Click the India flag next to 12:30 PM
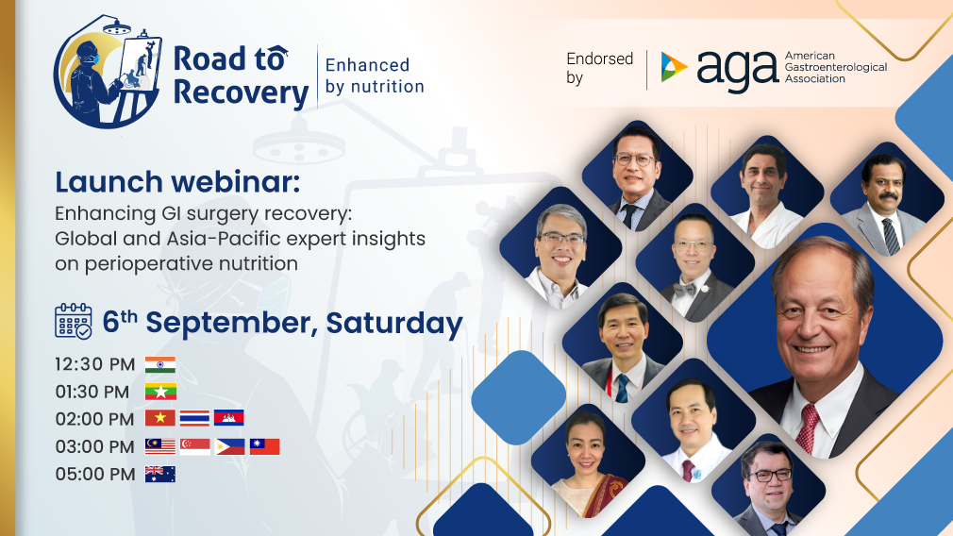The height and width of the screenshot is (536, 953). [160, 365]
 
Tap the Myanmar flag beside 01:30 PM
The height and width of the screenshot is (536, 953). [160, 392]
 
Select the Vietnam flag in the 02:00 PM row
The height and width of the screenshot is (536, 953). [160, 419]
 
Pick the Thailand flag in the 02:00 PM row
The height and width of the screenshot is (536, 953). [194, 419]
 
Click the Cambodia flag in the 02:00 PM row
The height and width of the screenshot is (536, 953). [229, 419]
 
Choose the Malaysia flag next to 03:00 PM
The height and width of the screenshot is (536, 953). [160, 446]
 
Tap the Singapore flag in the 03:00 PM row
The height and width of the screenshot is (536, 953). [194, 446]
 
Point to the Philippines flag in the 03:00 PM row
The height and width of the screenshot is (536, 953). [229, 446]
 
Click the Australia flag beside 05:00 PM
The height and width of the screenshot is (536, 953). [160, 474]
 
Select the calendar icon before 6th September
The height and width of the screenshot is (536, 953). [74, 322]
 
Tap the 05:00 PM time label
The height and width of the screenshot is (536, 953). [95, 474]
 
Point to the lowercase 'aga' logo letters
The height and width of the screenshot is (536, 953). [737, 70]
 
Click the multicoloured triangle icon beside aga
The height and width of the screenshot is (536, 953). [674, 68]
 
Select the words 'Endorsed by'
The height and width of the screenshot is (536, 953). [599, 68]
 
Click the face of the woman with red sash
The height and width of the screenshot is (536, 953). [586, 444]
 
